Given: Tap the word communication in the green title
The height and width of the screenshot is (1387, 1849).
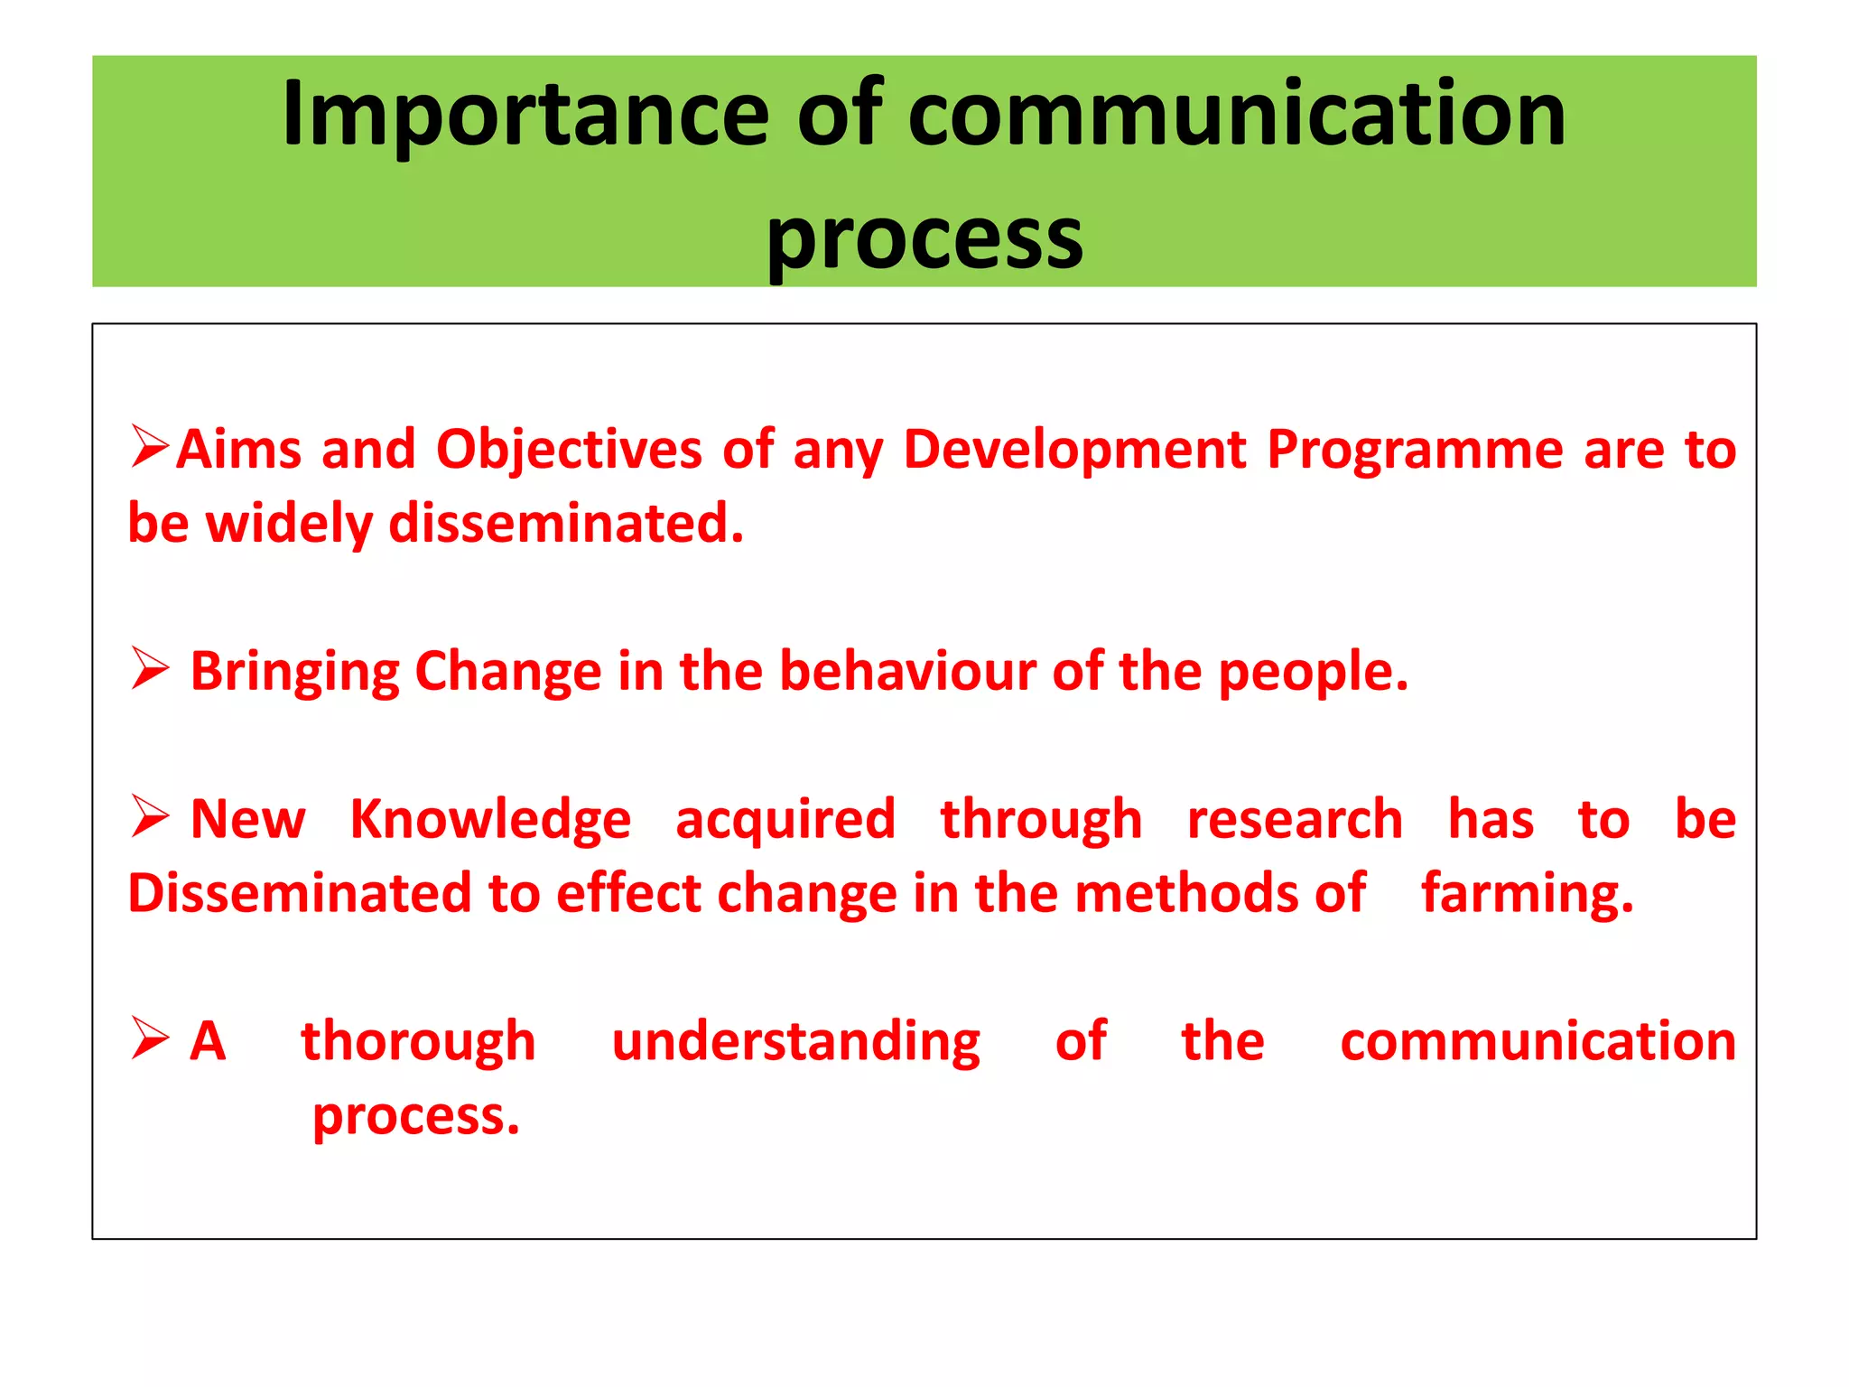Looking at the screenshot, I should point(1237,115).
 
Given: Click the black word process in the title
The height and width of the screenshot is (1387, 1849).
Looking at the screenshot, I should point(924,239).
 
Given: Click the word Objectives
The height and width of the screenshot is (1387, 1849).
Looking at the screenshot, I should point(569,450).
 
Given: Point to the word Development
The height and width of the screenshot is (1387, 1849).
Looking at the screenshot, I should point(1074,450).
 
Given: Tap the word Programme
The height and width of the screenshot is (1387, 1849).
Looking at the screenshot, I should point(1415,450).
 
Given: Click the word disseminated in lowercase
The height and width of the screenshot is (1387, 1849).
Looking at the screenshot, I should point(566,524).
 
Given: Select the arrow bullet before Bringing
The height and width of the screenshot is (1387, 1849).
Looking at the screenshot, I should point(149,668).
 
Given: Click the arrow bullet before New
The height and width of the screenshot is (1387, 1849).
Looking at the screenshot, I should point(149,816).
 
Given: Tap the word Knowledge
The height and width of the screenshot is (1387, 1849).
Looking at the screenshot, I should point(490,820).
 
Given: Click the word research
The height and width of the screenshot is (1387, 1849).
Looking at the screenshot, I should point(1295,820).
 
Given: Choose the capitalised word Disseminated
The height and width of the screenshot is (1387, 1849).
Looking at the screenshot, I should point(299,894).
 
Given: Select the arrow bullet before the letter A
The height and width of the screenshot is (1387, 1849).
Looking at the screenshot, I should point(149,1038).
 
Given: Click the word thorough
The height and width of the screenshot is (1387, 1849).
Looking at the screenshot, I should point(418,1042).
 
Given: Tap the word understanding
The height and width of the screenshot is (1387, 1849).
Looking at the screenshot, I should point(795,1042).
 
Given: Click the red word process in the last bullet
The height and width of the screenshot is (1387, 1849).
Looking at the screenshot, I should point(416,1118).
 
